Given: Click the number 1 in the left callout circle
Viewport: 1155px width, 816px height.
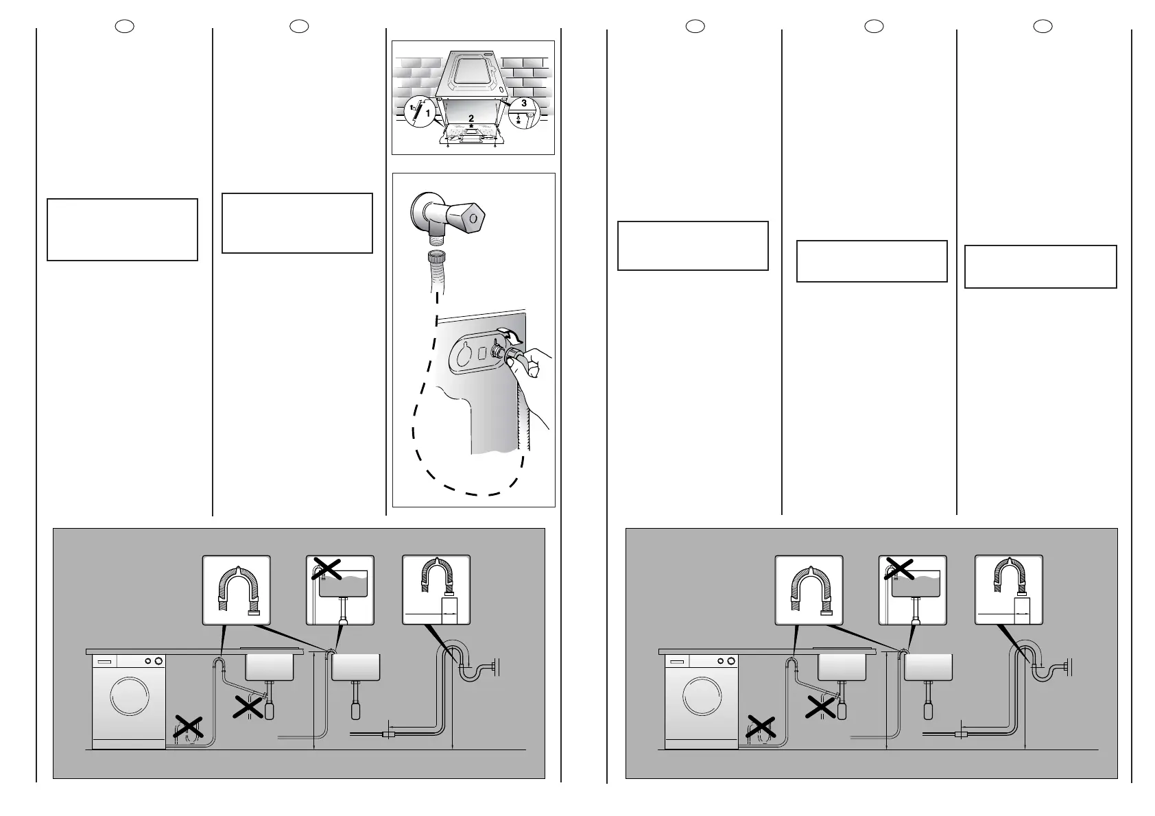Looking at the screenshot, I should coord(428,115).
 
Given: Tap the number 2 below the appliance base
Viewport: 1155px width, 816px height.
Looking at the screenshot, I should coord(471,119).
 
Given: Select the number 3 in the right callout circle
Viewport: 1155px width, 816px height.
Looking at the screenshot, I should coord(523,103).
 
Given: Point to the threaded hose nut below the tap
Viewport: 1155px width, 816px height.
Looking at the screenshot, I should coord(436,261).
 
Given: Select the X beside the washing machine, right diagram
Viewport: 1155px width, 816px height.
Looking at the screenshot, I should coord(761,728).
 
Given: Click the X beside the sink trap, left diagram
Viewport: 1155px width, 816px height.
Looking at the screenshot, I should coord(249,707).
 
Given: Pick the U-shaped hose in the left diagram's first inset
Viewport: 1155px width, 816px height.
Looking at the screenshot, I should coord(237,588).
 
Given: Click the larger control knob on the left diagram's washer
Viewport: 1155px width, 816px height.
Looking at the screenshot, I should coord(159,661).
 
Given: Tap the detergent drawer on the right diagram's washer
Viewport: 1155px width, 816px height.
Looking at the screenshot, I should coord(678,662).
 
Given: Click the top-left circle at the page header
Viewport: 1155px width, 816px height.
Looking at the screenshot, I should coord(124,26).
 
